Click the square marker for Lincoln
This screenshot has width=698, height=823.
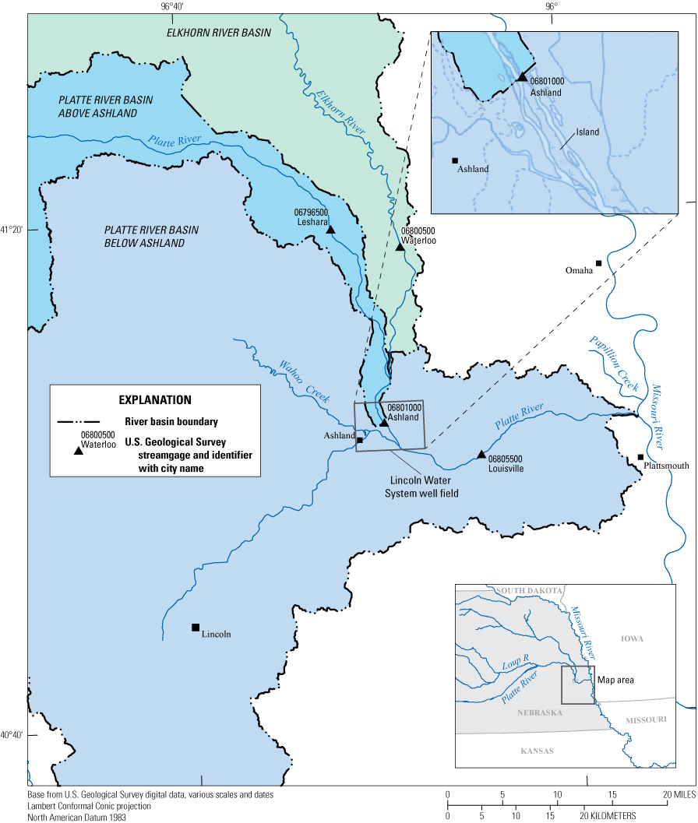196,628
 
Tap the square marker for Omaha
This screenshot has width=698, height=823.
598,263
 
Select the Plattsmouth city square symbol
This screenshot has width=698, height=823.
640,457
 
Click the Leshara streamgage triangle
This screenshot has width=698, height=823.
330,230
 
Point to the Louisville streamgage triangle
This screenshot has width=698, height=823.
481,455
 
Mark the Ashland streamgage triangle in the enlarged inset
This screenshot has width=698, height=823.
522,77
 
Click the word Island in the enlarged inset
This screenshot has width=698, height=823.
588,132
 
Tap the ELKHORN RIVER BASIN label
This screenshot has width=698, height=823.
218,33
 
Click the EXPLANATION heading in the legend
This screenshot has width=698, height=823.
155,400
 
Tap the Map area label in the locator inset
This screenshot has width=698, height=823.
615,680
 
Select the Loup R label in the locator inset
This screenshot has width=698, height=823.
516,659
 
